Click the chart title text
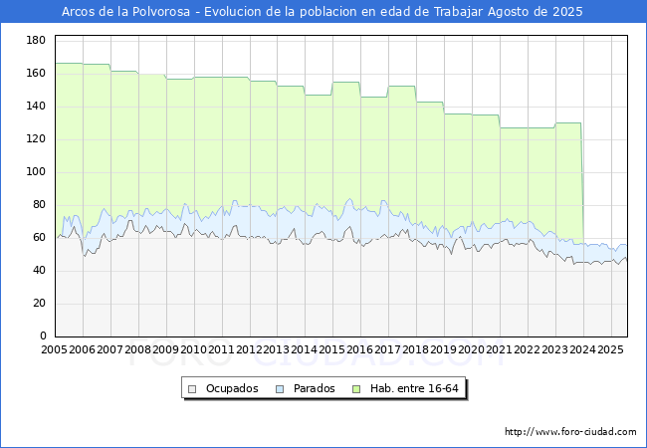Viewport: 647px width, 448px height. click(323, 12)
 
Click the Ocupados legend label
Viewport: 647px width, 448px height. click(232, 388)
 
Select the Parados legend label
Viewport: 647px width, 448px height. click(315, 388)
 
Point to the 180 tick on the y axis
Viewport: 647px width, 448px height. click(36, 40)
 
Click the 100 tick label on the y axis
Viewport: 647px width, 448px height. click(36, 172)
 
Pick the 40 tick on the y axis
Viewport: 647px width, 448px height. click(39, 271)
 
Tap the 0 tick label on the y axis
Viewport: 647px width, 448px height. click(42, 336)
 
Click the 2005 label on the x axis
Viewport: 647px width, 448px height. click(54, 350)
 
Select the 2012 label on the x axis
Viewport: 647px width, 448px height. click(249, 350)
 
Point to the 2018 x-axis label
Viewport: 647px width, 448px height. click(416, 350)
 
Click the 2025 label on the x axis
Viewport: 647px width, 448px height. click(610, 350)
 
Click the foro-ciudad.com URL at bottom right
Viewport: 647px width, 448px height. click(570, 432)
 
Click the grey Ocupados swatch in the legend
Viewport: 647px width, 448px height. click(193, 388)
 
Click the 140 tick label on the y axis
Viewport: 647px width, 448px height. click(36, 107)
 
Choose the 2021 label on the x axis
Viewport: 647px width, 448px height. click(500, 350)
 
